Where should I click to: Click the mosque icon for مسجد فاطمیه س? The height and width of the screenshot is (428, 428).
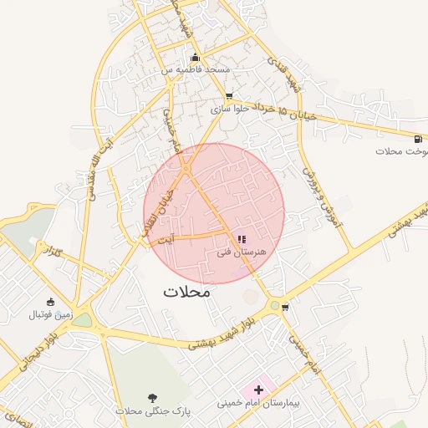196,58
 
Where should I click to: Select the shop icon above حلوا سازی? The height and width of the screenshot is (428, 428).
229,96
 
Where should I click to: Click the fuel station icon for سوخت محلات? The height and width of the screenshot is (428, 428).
417,138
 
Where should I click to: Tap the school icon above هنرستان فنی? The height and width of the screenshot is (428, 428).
242,239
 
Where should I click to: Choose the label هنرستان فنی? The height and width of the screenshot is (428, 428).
241,252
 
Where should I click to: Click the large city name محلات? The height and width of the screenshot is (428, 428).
187,293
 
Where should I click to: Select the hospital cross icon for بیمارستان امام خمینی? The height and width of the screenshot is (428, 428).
258,390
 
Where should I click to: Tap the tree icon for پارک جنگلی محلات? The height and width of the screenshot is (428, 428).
152,398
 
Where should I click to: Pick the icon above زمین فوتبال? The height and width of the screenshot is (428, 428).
51,302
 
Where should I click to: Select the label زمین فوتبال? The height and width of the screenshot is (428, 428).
51,315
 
